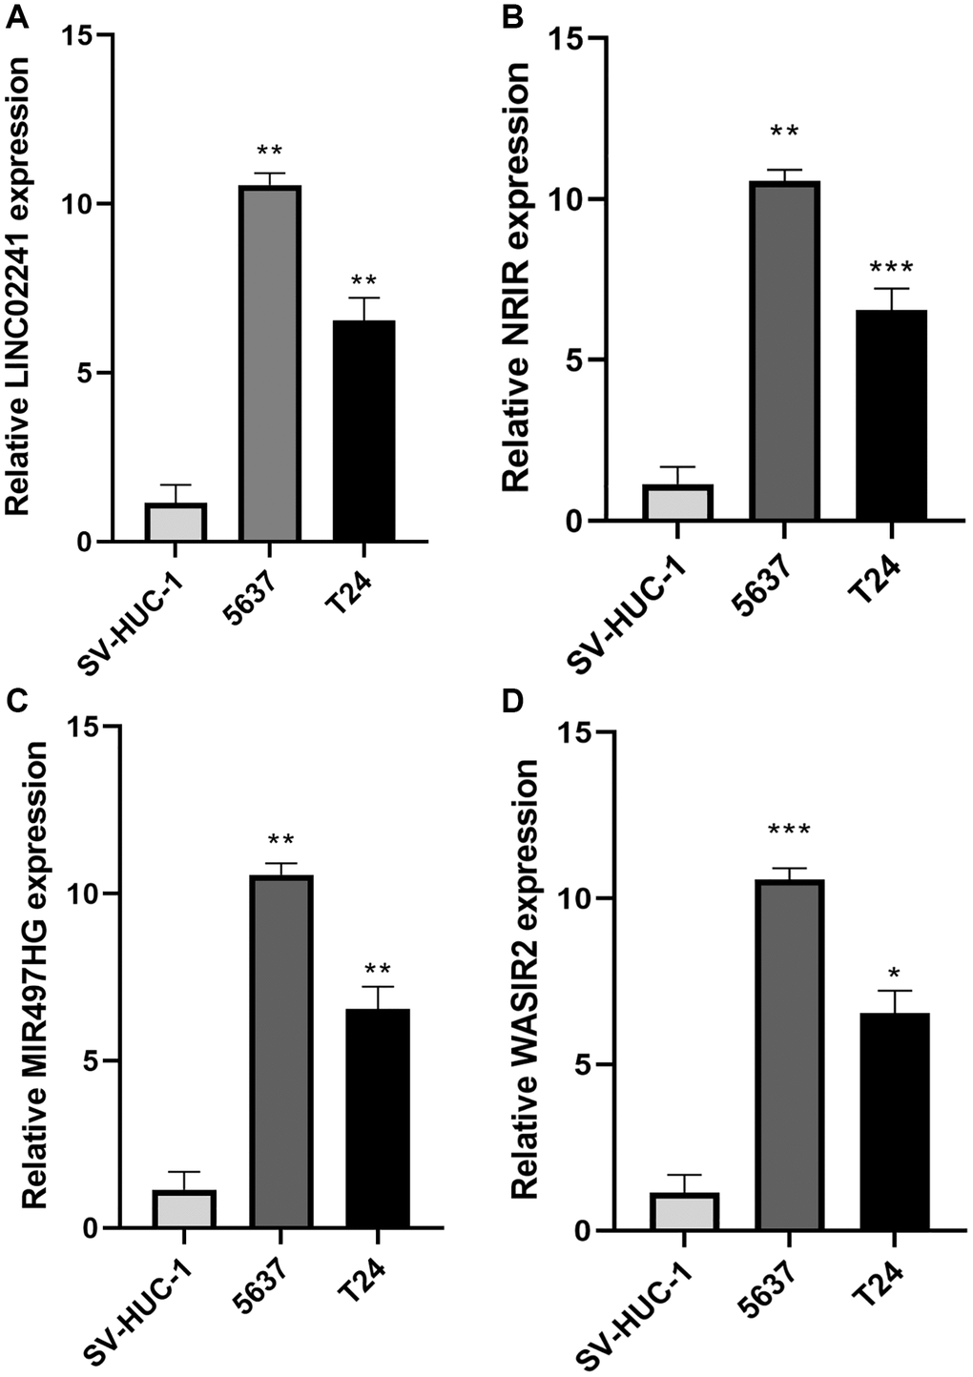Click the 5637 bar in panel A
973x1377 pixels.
pyautogui.click(x=270, y=363)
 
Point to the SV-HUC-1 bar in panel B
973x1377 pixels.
pyautogui.click(x=676, y=503)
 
